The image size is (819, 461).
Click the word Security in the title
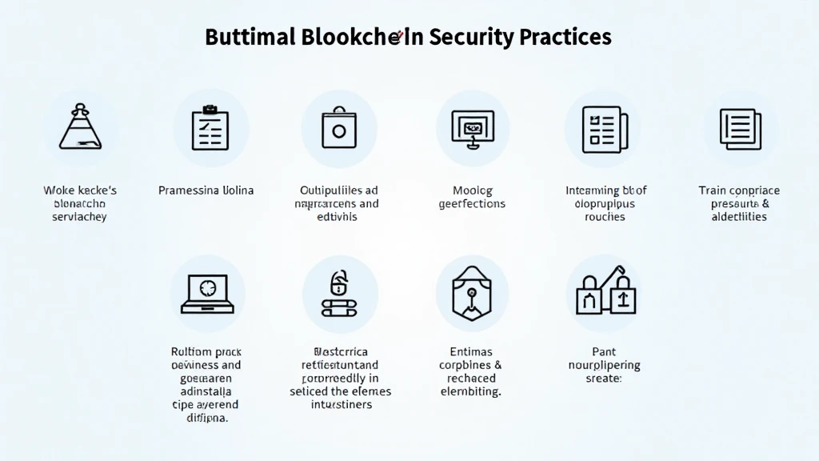pos(463,37)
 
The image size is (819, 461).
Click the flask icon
pos(80,127)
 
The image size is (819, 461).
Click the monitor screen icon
pos(472,127)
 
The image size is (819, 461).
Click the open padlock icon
pos(339,293)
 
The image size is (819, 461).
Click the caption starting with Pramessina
pos(206,190)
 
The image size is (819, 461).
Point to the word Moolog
pos(473,190)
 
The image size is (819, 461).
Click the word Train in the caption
pos(713,190)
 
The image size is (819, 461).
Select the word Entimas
pos(472,351)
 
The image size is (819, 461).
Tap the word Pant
pos(604,351)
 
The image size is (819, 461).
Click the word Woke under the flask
pos(58,190)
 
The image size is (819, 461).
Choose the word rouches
pos(605,217)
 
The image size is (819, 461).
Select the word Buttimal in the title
pos(250,37)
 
